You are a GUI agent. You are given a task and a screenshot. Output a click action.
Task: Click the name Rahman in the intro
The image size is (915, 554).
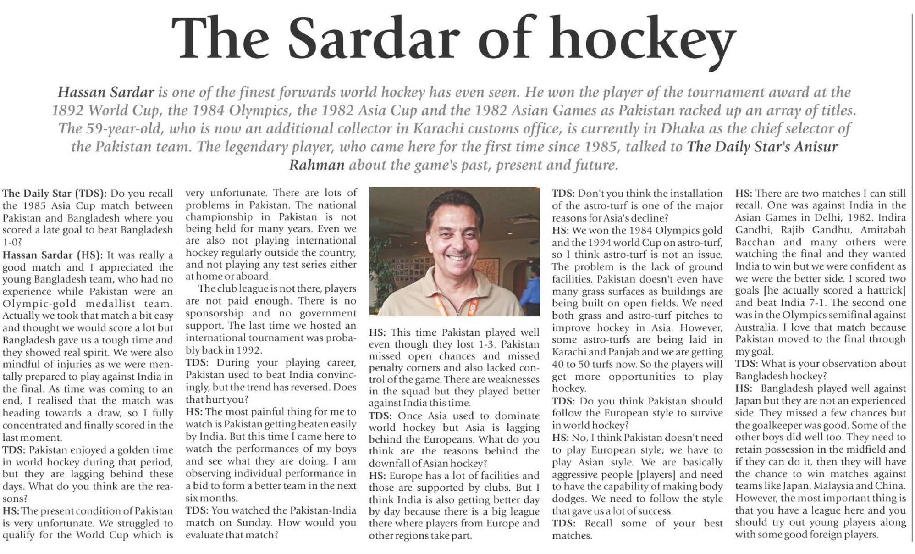[316, 165]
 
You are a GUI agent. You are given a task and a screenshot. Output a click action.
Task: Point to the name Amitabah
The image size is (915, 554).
[883, 230]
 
